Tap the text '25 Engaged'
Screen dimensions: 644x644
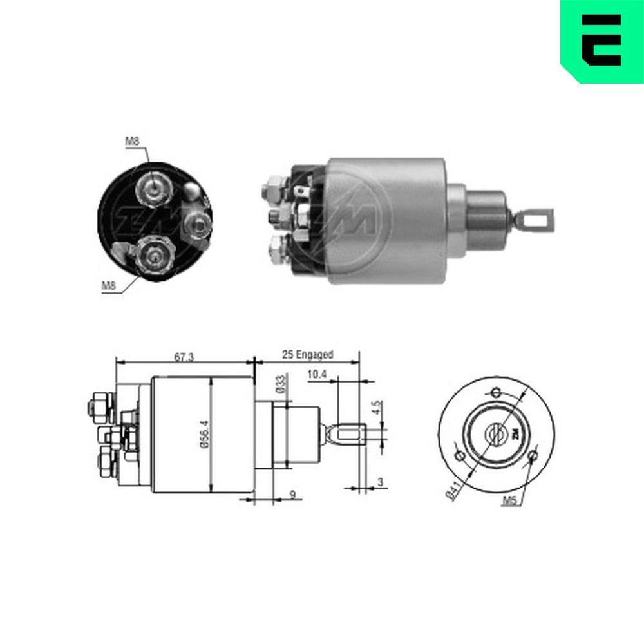tap(307, 354)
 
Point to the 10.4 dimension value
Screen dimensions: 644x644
tap(317, 374)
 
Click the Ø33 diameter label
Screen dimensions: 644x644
tap(281, 384)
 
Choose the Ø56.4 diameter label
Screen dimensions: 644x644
tap(204, 435)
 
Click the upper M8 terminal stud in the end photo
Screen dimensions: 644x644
tap(155, 187)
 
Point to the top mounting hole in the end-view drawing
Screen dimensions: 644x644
tap(495, 392)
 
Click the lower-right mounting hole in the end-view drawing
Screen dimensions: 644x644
tap(532, 457)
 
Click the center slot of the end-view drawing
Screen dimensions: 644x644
tap(496, 435)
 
